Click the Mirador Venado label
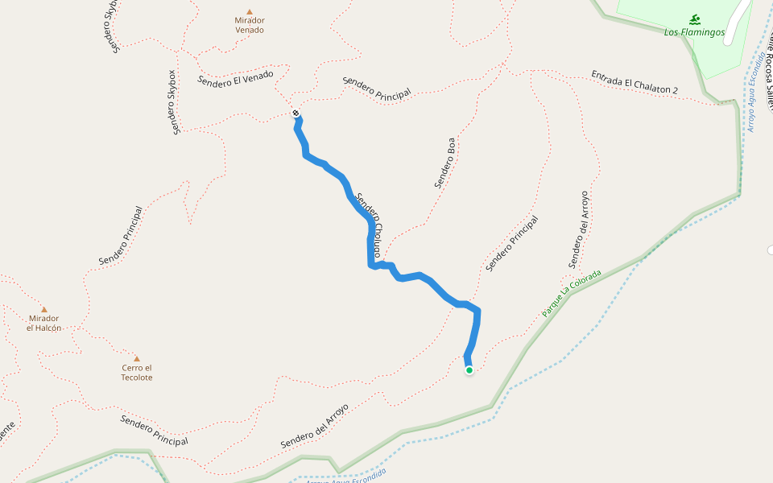click(x=250, y=25)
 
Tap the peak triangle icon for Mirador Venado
click(x=250, y=11)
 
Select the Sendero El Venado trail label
click(x=235, y=78)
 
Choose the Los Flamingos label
click(x=694, y=33)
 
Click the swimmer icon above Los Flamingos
click(x=694, y=19)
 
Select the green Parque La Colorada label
click(x=571, y=293)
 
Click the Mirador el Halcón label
click(x=43, y=323)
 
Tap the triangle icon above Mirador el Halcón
click(x=43, y=309)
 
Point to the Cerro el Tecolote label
click(x=137, y=372)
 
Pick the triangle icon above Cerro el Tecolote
click(x=137, y=359)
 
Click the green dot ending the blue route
click(x=469, y=370)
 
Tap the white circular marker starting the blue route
click(x=296, y=113)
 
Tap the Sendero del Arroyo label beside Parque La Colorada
click(x=579, y=229)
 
